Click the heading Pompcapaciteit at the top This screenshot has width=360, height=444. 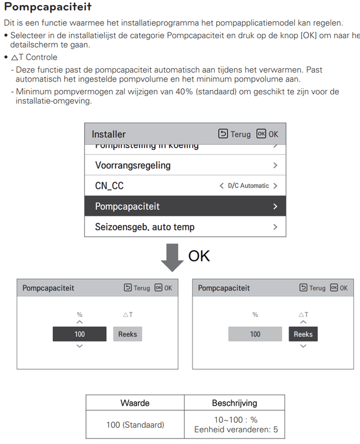(48, 8)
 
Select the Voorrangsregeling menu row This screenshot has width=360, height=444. (185, 165)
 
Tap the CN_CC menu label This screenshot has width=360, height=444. (109, 186)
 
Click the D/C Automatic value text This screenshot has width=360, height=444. (248, 186)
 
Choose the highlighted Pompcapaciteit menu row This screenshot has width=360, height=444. (185, 206)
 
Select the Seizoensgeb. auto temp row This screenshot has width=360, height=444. (185, 227)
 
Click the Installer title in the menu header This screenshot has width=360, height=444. (109, 134)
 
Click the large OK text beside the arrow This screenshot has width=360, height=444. (199, 256)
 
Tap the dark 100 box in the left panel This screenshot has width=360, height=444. (79, 334)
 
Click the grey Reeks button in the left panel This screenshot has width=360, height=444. (128, 334)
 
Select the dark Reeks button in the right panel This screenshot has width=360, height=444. (303, 334)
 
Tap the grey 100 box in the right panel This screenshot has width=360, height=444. (255, 334)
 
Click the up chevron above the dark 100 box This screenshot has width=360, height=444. (79, 322)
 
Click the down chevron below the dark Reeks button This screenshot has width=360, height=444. (303, 346)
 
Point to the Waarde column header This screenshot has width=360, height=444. (135, 403)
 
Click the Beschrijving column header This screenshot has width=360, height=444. (234, 403)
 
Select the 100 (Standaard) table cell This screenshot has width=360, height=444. (135, 425)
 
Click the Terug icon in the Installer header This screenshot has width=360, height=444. (223, 134)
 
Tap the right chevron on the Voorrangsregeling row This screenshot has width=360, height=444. (275, 165)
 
